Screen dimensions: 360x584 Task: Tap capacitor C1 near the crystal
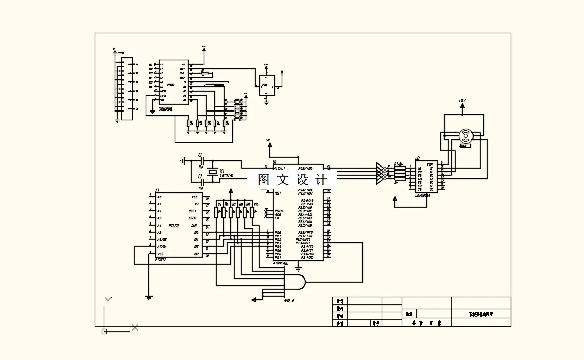pyautogui.click(x=201, y=162)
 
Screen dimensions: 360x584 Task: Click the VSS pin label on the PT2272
pyautogui.click(x=161, y=254)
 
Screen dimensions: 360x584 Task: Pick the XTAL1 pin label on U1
pyautogui.click(x=280, y=168)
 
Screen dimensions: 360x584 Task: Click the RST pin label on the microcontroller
pyautogui.click(x=278, y=193)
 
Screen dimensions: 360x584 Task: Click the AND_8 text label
pyautogui.click(x=289, y=300)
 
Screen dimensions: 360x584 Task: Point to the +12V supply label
pyautogui.click(x=462, y=101)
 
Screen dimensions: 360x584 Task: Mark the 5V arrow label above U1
pyautogui.click(x=268, y=139)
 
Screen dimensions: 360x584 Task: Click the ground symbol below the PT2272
pyautogui.click(x=149, y=296)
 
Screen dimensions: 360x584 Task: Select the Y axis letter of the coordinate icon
pyautogui.click(x=107, y=301)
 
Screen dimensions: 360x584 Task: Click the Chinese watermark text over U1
pyautogui.click(x=292, y=179)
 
